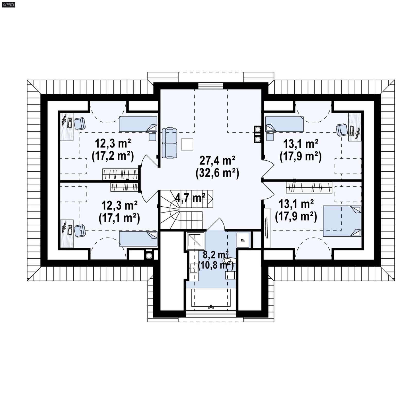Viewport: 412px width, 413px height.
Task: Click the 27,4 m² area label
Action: [x=217, y=161]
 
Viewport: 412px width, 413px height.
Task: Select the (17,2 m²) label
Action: [x=113, y=156]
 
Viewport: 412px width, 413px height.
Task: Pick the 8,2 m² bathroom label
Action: [x=214, y=255]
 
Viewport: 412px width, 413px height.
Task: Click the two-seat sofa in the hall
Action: [x=169, y=143]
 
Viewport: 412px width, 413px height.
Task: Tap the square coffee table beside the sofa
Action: [x=187, y=144]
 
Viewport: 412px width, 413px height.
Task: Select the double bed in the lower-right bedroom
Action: [x=342, y=221]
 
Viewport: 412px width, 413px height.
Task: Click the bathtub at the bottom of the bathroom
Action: [x=211, y=298]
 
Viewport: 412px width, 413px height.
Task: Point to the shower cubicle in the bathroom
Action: [x=196, y=241]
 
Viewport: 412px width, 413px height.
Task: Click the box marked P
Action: [x=243, y=240]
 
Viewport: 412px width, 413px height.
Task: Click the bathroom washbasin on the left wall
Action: [x=193, y=268]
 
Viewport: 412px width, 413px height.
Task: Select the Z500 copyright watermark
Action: [x=8, y=5]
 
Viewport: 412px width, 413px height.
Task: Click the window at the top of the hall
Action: [x=210, y=86]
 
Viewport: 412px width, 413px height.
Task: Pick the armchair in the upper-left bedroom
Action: [x=79, y=124]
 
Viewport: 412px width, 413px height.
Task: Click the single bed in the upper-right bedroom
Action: [x=284, y=124]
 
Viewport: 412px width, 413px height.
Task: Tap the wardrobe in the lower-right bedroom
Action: [x=309, y=187]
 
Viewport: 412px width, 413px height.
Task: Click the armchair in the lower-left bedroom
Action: [x=79, y=231]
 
